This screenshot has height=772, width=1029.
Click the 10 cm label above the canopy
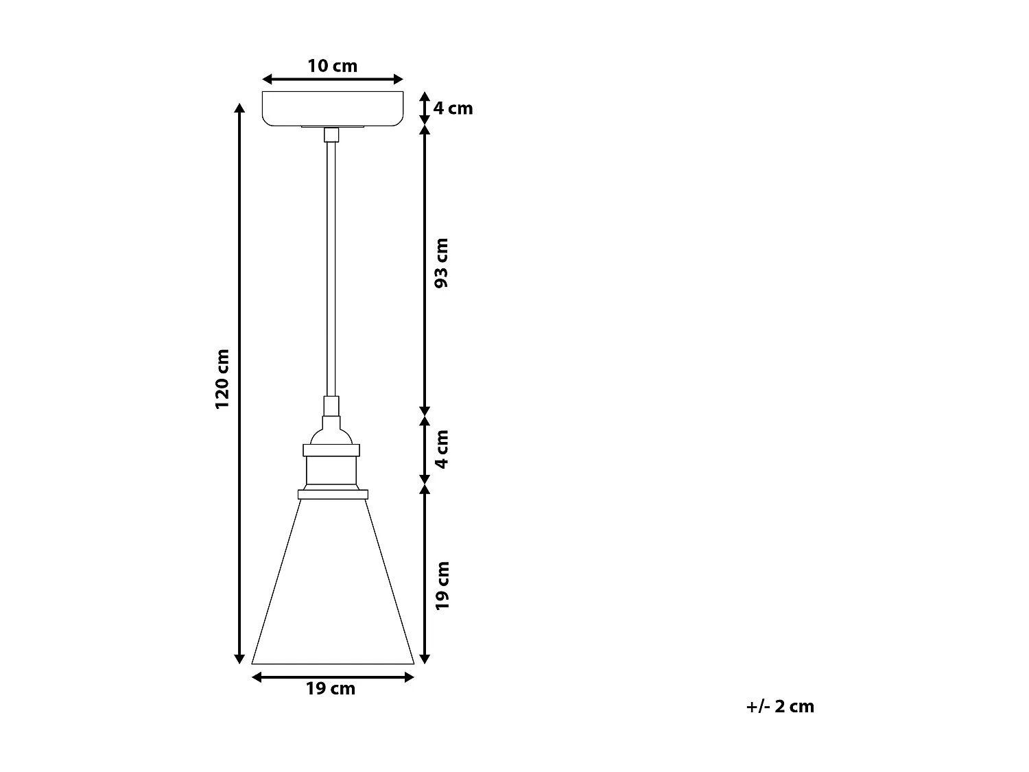click(x=332, y=66)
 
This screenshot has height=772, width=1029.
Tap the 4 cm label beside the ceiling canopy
click(x=453, y=108)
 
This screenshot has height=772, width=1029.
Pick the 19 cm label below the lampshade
click(x=331, y=689)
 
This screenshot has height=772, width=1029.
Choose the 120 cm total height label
click(x=222, y=379)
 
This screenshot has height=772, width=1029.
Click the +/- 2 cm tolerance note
click(x=780, y=706)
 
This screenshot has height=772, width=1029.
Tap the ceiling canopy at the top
click(x=333, y=108)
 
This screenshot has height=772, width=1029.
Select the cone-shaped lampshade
click(x=333, y=590)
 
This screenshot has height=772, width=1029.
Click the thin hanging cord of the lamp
click(x=331, y=268)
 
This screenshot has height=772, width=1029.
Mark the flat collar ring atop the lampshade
click(x=333, y=494)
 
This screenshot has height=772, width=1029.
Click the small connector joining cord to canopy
click(x=331, y=134)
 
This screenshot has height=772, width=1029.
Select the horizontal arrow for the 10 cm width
click(x=333, y=80)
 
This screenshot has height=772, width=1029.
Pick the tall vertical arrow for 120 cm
click(x=239, y=384)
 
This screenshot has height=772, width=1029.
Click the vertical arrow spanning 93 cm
click(x=425, y=270)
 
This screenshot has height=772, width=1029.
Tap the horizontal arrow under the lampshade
click(x=333, y=677)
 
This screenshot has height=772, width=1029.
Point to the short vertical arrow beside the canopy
click(x=425, y=108)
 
